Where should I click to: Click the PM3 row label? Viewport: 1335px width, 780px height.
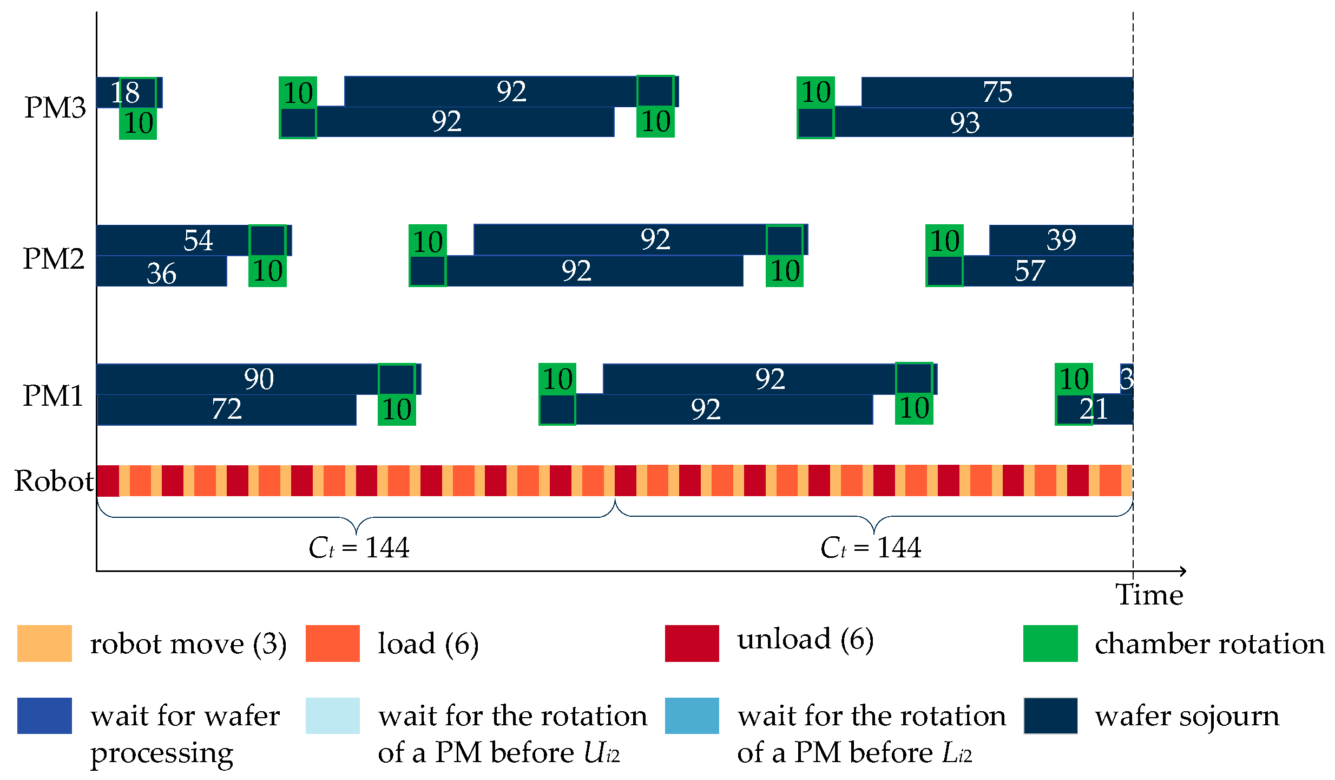55,107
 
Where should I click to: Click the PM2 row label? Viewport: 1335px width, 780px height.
54,258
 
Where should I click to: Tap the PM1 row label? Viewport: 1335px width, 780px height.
53,395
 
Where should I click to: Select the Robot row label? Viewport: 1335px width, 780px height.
54,480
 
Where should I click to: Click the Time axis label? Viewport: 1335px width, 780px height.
1149,595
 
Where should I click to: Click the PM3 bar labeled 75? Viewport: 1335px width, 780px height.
997,92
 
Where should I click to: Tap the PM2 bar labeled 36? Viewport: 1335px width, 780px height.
161,272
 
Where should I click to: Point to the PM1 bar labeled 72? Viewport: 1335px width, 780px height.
226,409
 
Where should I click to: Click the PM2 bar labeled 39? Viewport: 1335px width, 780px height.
1061,239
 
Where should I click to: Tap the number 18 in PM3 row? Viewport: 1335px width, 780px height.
125,92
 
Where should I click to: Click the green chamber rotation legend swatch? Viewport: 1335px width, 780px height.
1050,643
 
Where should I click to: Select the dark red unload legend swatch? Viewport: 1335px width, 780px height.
692,643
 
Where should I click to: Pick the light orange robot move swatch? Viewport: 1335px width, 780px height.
44,643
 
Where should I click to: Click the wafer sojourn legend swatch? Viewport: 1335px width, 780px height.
1050,716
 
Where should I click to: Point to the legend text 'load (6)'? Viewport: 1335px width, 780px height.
428,643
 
